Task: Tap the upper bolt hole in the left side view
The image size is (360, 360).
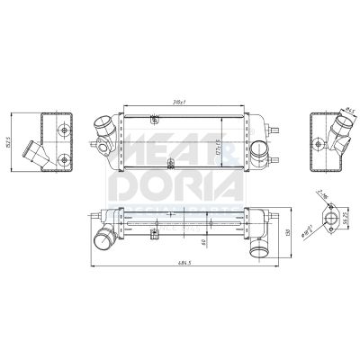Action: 62,129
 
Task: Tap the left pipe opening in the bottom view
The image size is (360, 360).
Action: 102,239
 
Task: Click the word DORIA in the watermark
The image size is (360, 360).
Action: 175,187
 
